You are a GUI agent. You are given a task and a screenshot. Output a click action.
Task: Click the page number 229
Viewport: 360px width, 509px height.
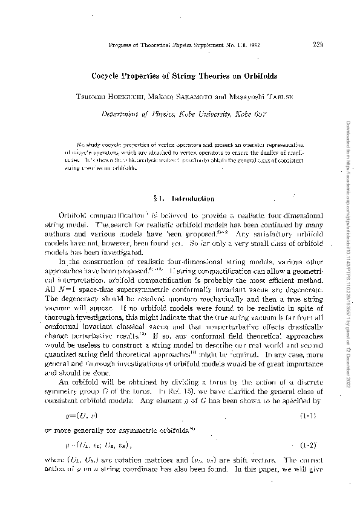click(319, 44)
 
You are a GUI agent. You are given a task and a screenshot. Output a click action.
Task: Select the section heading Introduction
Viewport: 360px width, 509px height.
click(193, 198)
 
